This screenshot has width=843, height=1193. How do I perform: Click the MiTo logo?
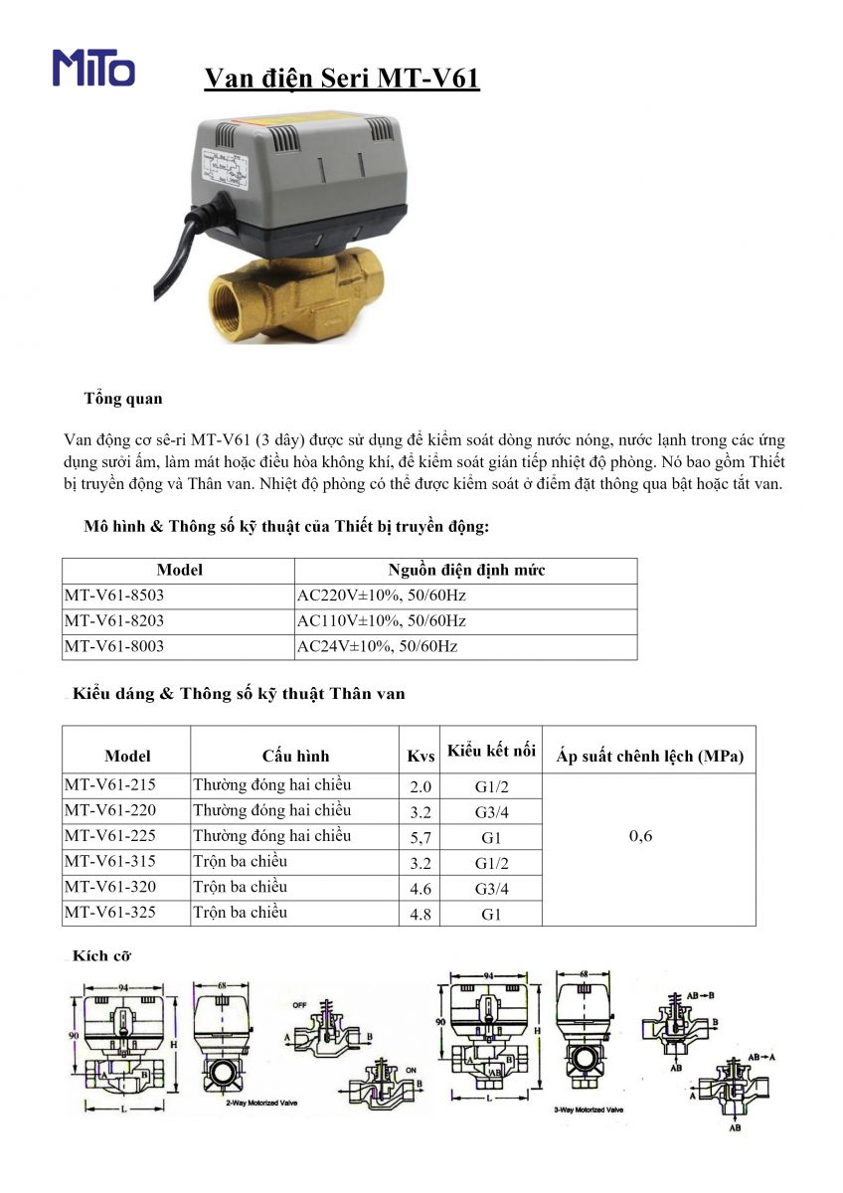click(93, 68)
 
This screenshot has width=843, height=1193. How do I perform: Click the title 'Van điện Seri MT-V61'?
click(342, 79)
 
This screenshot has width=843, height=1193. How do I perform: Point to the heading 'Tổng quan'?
click(123, 399)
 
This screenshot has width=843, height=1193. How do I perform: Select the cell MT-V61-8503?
click(114, 596)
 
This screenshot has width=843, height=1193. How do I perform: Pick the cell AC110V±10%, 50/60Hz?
click(382, 621)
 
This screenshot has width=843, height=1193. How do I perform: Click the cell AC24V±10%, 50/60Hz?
click(378, 646)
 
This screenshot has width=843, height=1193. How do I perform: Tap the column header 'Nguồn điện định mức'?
click(465, 571)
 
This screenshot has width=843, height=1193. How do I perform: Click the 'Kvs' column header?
click(421, 757)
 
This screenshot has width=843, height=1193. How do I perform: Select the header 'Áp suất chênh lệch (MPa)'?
click(650, 757)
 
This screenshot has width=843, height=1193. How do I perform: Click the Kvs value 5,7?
click(421, 838)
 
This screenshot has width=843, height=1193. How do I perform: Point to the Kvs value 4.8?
click(421, 914)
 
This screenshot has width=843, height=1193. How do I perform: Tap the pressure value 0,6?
click(641, 836)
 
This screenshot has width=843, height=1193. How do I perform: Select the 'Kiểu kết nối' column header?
click(491, 751)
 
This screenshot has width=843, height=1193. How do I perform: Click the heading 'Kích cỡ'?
click(102, 956)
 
